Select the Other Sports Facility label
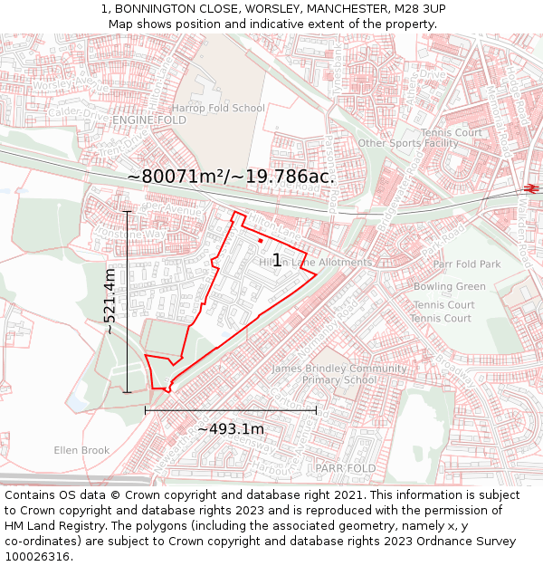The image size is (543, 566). click(408, 143)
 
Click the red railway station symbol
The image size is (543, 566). click(530, 188)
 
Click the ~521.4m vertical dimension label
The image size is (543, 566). click(110, 302)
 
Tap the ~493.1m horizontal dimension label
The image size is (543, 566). click(230, 428)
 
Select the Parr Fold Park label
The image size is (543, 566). click(466, 264)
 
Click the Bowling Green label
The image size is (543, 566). click(449, 287)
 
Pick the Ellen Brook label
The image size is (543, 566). click(81, 450)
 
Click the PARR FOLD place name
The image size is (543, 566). click(345, 468)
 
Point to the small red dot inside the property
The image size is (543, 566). click(260, 241)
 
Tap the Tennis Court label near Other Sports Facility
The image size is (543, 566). click(457, 133)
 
